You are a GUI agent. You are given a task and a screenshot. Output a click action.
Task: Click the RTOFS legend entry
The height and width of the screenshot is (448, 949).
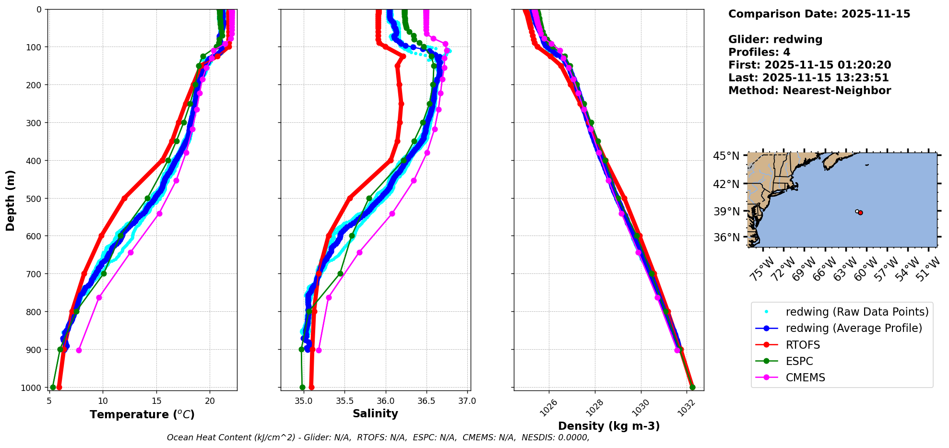coord(803,345)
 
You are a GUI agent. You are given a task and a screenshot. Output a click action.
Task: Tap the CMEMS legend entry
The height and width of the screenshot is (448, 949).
coord(805,377)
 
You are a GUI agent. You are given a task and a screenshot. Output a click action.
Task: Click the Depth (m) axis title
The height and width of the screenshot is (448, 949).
coord(11,200)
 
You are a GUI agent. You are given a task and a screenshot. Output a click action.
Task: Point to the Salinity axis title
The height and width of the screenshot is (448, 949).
coord(375,413)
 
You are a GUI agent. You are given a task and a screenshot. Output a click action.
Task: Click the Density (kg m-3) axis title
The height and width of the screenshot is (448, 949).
coord(609,426)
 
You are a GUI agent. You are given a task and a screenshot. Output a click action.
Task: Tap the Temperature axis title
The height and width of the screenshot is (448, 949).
coord(142,414)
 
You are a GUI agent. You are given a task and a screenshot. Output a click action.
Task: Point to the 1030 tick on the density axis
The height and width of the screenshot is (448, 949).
coord(641,408)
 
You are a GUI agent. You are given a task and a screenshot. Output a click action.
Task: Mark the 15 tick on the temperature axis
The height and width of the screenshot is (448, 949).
coord(156,401)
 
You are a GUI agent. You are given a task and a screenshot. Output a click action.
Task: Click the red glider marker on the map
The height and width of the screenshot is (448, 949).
coord(860,212)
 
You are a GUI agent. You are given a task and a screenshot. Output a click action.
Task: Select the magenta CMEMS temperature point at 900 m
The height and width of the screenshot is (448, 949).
coord(79,350)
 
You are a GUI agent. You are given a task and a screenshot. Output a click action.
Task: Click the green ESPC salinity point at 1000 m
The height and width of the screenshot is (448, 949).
coord(302,387)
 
